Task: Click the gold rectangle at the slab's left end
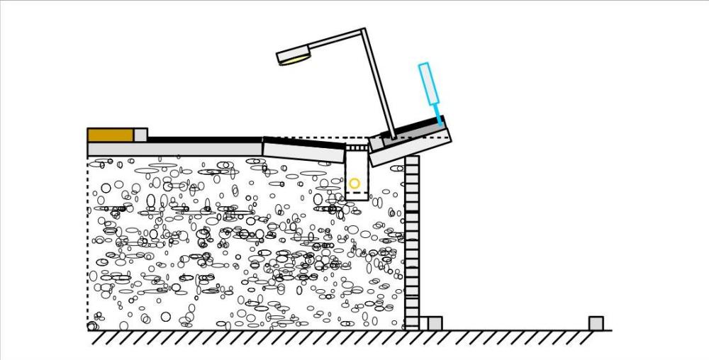[x=110, y=135]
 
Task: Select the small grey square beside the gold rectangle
[x=140, y=135]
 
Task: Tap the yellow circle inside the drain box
[x=354, y=184]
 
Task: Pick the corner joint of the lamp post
[x=363, y=32]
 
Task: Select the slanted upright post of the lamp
[x=379, y=85]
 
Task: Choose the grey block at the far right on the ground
[x=596, y=323]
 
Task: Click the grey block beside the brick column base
[x=434, y=323]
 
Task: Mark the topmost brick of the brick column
[x=412, y=161]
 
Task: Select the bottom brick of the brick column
[x=412, y=323]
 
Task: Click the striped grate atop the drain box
[x=357, y=148]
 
